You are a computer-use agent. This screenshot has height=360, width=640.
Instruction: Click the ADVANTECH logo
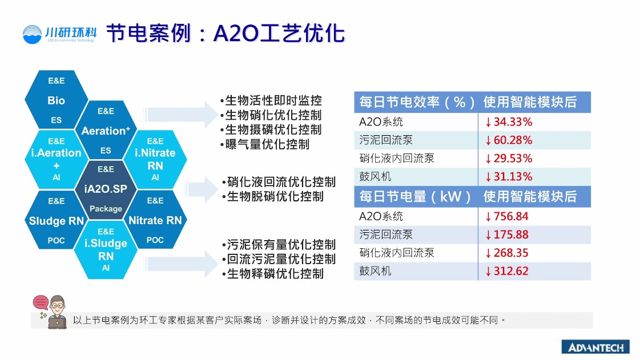pos(595,347)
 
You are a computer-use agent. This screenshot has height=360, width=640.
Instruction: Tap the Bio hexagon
pos(57,100)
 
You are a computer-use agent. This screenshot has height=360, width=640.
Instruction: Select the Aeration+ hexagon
pos(106,130)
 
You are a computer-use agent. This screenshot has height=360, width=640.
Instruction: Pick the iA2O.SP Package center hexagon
pos(106,189)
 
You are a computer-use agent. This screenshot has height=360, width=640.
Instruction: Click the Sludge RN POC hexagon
pos(57,220)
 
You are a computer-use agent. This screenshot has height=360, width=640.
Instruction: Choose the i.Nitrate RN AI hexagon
pos(155,159)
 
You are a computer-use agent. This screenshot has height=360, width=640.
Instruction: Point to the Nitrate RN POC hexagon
pos(155,220)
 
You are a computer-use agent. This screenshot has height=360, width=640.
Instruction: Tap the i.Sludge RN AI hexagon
pos(106,249)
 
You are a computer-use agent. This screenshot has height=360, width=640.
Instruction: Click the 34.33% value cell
pos(509,122)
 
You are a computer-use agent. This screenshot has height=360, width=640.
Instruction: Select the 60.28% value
pos(509,140)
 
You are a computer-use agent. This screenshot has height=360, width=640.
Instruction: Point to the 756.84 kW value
pos(507,216)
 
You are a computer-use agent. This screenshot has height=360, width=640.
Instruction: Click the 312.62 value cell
pos(507,271)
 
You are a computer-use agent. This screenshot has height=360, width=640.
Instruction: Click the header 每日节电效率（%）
pos(417,102)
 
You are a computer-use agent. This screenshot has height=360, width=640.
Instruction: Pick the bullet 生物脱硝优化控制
pos(273,196)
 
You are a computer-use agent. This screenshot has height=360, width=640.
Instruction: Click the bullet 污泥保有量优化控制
pos(279,245)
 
